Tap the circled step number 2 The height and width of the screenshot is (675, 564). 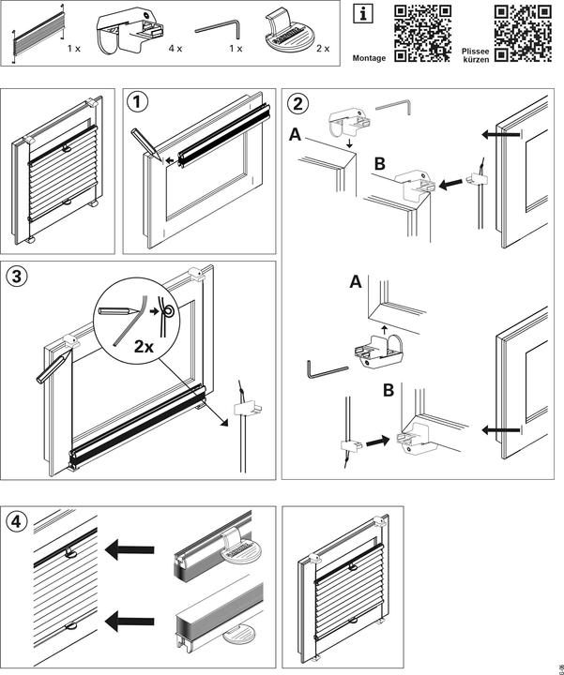pyautogui.click(x=297, y=102)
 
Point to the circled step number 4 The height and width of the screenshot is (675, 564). pyautogui.click(x=16, y=520)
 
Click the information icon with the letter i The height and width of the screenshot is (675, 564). pyautogui.click(x=361, y=14)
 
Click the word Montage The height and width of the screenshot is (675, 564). pyautogui.click(x=368, y=58)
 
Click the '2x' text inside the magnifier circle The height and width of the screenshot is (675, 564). pyautogui.click(x=144, y=346)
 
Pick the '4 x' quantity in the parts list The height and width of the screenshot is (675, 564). pyautogui.click(x=175, y=46)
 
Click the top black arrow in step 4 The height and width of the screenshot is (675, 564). pyautogui.click(x=129, y=548)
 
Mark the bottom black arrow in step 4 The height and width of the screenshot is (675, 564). pyautogui.click(x=129, y=619)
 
